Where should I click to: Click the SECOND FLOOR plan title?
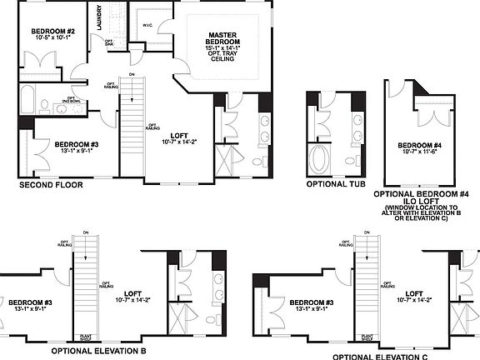tap(50, 185)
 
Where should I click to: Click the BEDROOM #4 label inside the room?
tap(418, 143)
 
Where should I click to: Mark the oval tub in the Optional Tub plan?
tap(321, 157)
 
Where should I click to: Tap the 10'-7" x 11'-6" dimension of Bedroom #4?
tap(418, 152)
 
